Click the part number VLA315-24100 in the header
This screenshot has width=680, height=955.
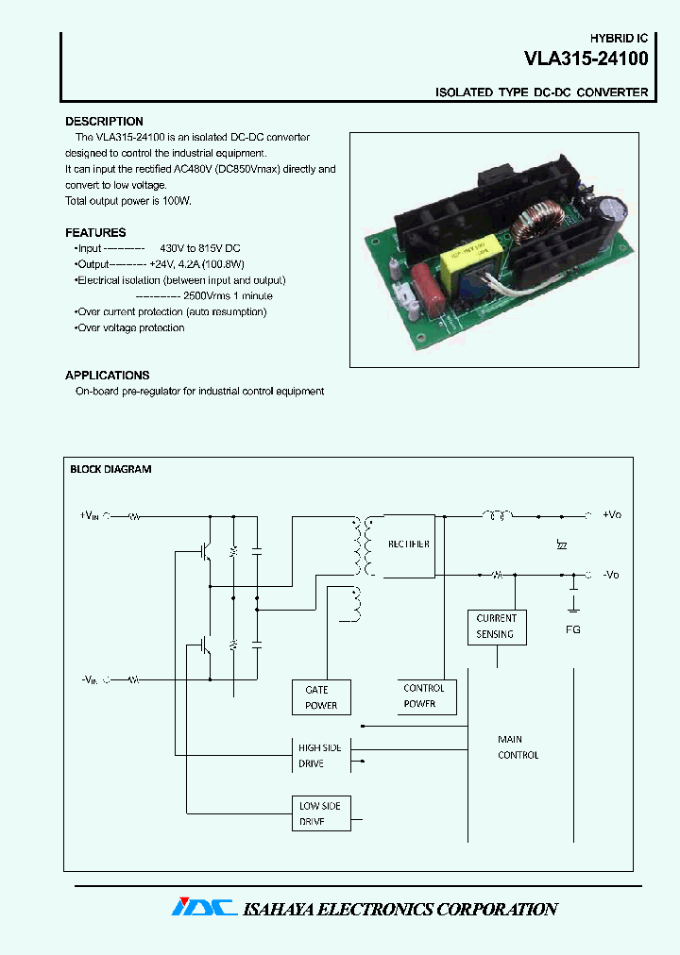tap(586, 59)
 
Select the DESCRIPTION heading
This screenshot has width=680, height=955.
tap(104, 122)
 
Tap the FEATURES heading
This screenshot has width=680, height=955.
tap(95, 232)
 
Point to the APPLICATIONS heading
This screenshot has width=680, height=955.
tap(108, 375)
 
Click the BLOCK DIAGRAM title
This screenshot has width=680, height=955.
tap(110, 469)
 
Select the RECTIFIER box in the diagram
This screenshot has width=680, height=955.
tap(408, 545)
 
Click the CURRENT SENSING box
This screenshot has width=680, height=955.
tap(497, 627)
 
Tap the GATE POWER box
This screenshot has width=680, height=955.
tap(321, 697)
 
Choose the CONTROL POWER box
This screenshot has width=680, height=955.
tap(424, 696)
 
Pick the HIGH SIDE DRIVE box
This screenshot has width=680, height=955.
tap(321, 756)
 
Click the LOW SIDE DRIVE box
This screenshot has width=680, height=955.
tap(321, 813)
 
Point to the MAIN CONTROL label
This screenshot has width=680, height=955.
tap(518, 747)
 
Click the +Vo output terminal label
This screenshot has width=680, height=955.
tap(612, 515)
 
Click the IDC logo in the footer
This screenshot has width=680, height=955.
tap(203, 908)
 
